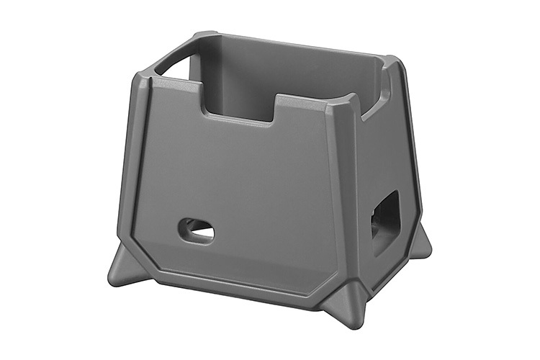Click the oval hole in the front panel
pos(196,230)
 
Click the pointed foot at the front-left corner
pos(123,267)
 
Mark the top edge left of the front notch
pos(173,83)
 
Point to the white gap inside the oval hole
pos(202,233)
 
